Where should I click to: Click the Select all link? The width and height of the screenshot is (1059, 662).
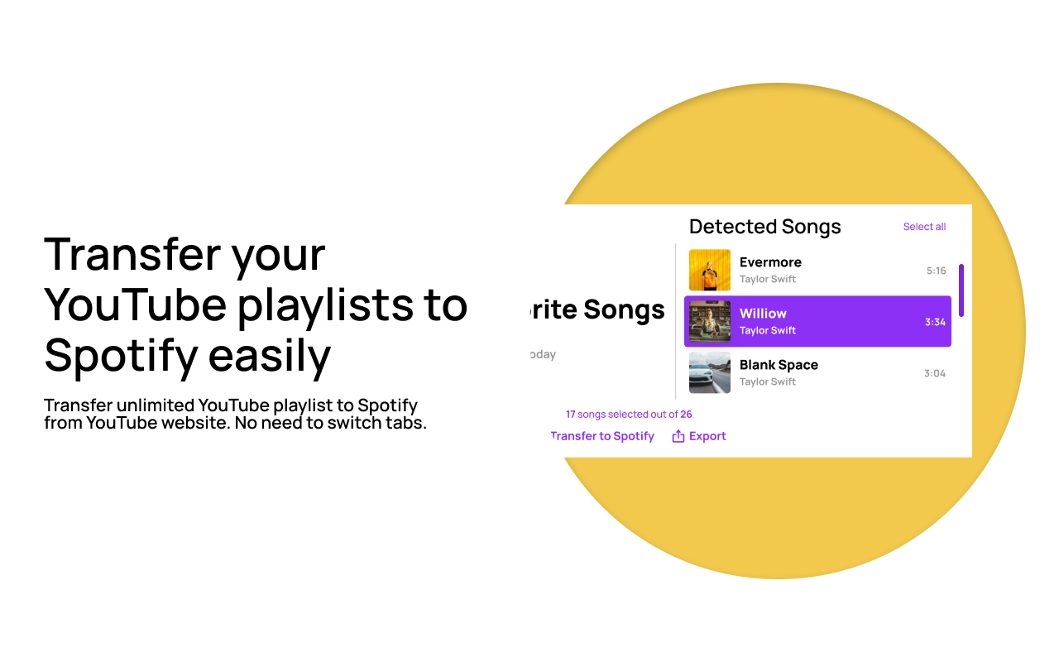(x=924, y=227)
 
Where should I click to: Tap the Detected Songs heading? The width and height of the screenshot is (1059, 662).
(x=764, y=227)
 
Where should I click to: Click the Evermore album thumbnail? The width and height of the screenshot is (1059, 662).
(x=710, y=271)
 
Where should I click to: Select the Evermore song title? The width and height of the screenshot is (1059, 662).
(x=770, y=262)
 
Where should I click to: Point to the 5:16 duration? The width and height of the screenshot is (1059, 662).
(x=936, y=271)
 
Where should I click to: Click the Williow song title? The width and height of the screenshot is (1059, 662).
(x=763, y=314)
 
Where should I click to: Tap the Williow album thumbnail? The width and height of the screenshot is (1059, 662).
(x=710, y=322)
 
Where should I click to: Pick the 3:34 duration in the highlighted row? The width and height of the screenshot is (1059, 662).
(x=935, y=322)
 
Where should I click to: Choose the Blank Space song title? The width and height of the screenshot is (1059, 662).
(x=779, y=365)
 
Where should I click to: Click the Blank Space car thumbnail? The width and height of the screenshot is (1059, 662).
(x=710, y=373)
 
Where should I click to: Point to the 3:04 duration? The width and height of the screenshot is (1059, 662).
(x=934, y=373)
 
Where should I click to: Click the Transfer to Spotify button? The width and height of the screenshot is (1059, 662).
(x=602, y=436)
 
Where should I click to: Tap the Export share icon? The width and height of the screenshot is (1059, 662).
(x=678, y=436)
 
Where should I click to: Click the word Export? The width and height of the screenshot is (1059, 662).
(x=707, y=436)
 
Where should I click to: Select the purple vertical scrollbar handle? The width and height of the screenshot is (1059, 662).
(x=961, y=290)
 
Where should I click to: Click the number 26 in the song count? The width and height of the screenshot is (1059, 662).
(x=686, y=415)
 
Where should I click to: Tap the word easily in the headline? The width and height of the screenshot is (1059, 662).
(x=270, y=356)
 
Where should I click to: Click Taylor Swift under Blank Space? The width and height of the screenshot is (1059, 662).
(x=768, y=381)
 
